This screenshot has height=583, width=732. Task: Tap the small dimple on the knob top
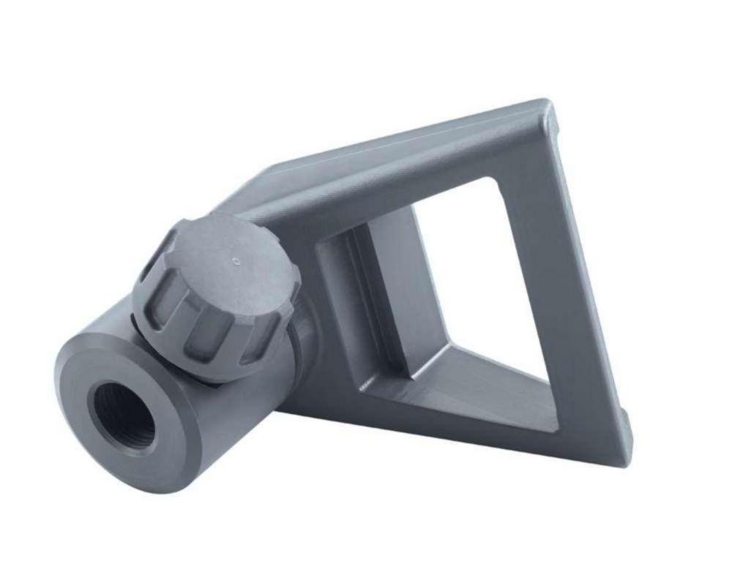[235, 259]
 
